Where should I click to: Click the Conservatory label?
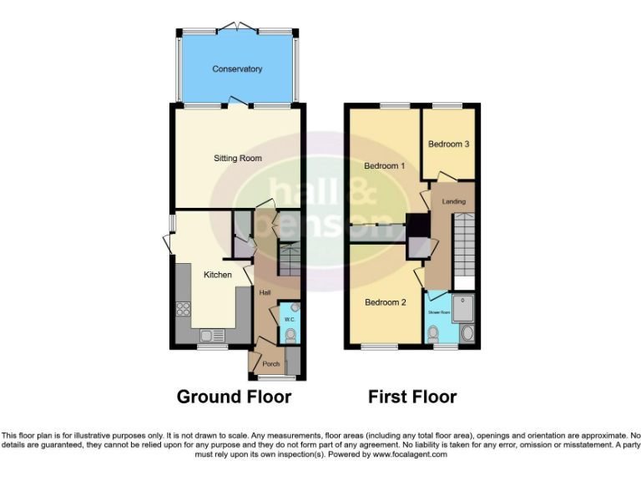[x=237, y=69]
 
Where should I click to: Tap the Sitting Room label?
[x=238, y=158]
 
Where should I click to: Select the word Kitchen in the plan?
[x=218, y=275]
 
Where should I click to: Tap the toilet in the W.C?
[x=290, y=336]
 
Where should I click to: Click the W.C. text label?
[x=289, y=319]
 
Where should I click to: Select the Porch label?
[x=270, y=364]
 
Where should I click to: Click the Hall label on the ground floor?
[x=265, y=292]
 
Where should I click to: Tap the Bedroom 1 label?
[x=385, y=166]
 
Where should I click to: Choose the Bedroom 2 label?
[x=385, y=302]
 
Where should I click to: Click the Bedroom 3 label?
[x=448, y=144]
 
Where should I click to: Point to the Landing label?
[x=453, y=201]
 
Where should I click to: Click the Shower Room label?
[x=439, y=312]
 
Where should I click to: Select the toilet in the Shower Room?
[x=433, y=335]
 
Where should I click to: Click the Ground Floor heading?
[x=234, y=397]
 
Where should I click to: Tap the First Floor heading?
[x=412, y=397]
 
